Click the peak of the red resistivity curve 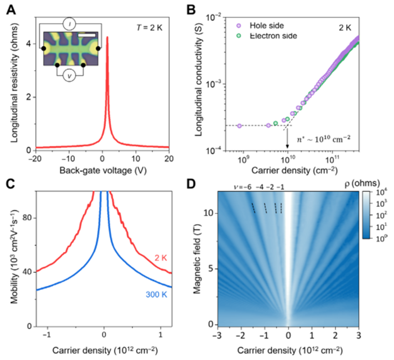point(107,37)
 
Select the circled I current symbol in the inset point(69,23)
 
